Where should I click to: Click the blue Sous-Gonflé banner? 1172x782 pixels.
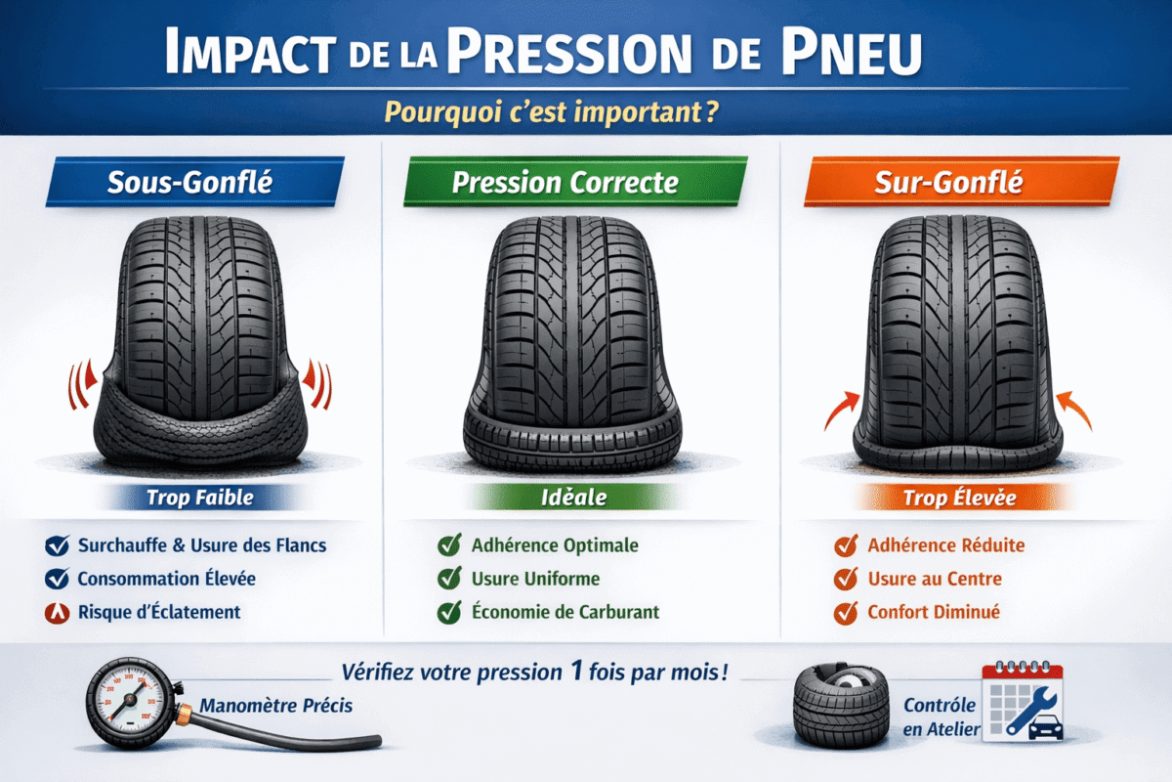[x=195, y=181]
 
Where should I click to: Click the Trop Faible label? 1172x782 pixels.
[x=199, y=498]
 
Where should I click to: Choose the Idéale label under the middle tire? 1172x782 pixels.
[x=573, y=498]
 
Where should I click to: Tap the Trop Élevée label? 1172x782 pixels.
[x=959, y=499]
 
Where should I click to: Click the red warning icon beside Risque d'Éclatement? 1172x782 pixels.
[x=57, y=613]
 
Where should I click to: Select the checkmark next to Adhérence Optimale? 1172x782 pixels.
[x=449, y=545]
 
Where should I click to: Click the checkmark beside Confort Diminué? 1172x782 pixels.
[x=846, y=613]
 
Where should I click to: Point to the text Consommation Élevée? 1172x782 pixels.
[x=166, y=579]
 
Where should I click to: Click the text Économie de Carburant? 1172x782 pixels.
[x=565, y=612]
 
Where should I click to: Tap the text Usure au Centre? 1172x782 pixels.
[x=934, y=579]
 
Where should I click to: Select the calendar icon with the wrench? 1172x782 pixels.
[x=1022, y=704]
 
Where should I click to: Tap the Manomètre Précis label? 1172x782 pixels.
[x=275, y=705]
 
